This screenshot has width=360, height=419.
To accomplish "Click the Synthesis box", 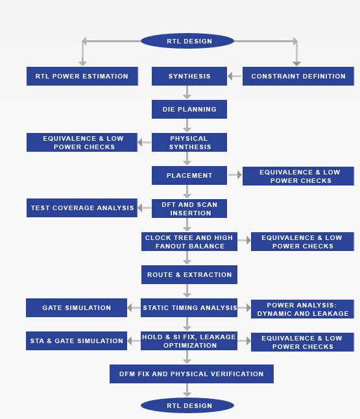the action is (189, 76).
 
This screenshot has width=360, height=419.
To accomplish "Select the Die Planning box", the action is (189, 110).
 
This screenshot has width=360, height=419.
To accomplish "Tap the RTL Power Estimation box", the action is (82, 76).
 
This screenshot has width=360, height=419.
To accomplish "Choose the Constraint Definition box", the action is (298, 76).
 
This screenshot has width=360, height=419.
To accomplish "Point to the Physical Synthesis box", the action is (189, 143).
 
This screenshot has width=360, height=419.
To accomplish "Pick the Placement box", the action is (189, 176).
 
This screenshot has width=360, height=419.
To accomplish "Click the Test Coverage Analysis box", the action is (82, 208).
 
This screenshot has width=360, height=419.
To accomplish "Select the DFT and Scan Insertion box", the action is (189, 208).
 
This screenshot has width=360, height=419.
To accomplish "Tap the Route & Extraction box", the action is (189, 275).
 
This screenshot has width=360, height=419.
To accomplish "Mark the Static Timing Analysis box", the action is (189, 308).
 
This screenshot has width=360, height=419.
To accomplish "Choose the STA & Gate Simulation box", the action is (77, 341).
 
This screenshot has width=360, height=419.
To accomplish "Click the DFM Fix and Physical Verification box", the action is (191, 374).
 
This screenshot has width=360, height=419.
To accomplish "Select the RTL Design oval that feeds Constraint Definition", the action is (187, 41).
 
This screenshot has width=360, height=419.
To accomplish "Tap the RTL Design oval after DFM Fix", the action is (187, 405).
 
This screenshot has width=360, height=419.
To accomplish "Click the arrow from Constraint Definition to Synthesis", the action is (235, 76).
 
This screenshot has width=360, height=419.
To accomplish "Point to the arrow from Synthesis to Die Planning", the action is (187, 93).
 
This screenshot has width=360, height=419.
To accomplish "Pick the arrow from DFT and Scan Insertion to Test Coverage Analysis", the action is (144, 208).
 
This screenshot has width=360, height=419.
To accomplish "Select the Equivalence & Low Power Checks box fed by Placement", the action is (298, 176).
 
